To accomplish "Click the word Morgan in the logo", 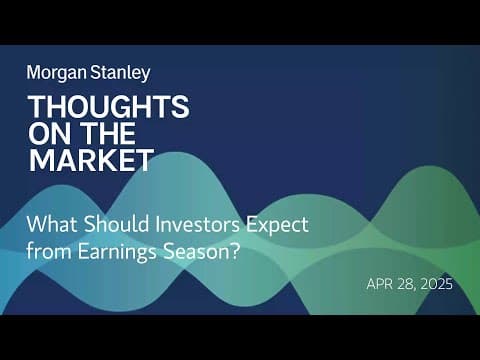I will click(57, 73).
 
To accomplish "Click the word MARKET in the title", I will click(91, 160).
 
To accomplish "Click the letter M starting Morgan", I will click(34, 73).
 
